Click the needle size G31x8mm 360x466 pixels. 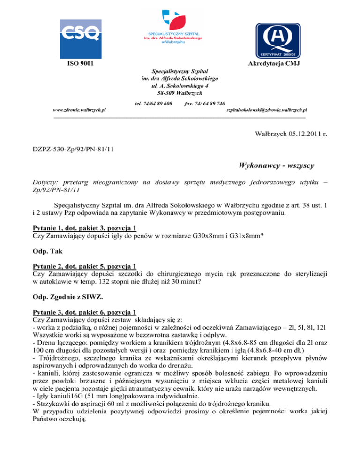(x=248, y=237)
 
